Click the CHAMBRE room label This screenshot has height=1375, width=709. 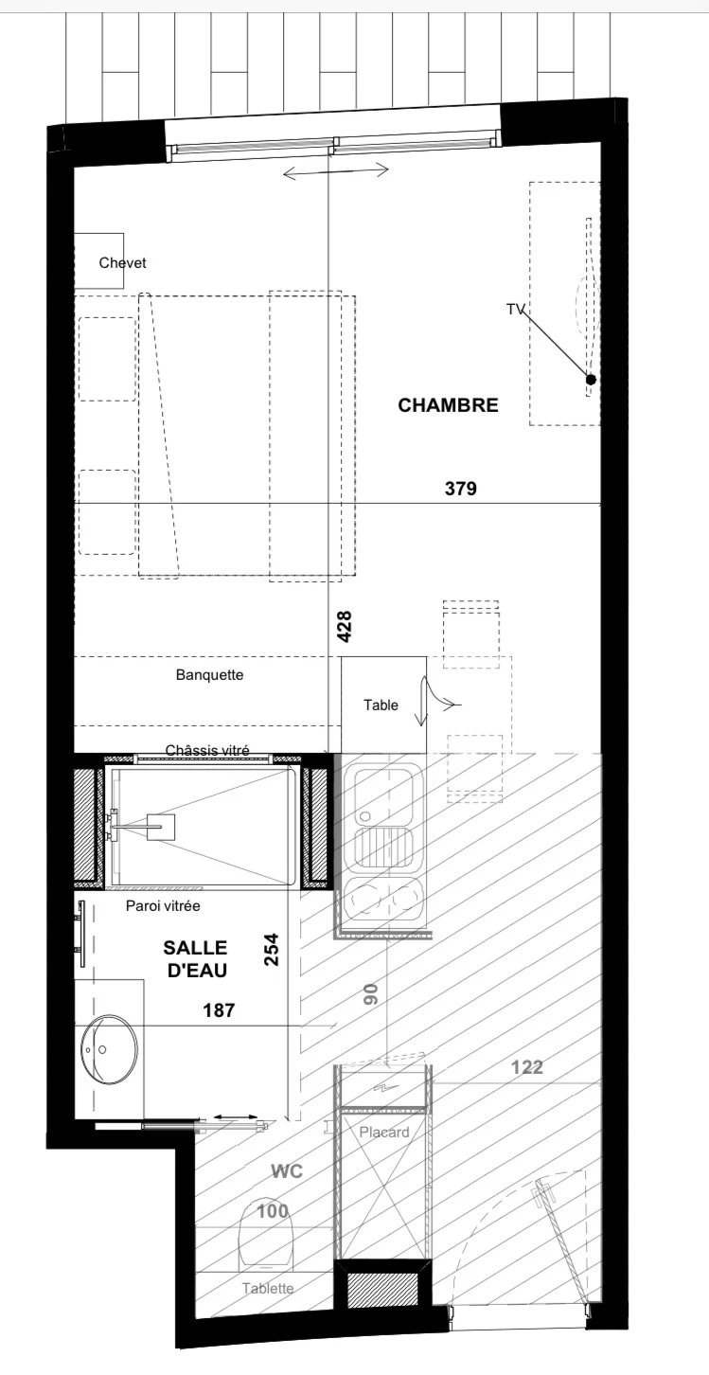[448, 405]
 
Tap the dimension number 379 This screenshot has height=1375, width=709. [460, 489]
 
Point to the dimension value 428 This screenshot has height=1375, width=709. [345, 626]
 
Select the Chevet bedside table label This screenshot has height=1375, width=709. [123, 262]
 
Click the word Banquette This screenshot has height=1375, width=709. [209, 674]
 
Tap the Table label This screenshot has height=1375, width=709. [381, 705]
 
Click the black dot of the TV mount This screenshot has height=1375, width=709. [591, 380]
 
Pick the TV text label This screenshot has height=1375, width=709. [514, 310]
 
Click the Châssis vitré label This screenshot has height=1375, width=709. [207, 750]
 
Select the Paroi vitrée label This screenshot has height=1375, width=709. [163, 905]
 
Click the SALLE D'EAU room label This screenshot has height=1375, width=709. [195, 959]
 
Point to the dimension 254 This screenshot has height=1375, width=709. [272, 950]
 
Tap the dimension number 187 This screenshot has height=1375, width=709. [220, 1009]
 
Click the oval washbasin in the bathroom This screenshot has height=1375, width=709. [109, 1049]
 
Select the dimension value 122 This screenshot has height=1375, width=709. [527, 1067]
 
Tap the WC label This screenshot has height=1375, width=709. [287, 1171]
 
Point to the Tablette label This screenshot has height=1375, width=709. [268, 1289]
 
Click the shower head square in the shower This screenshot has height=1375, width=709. [161, 825]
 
